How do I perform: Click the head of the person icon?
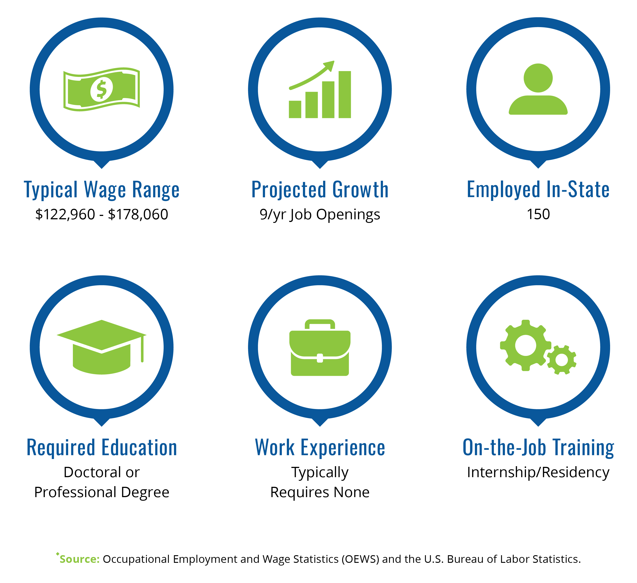pos(538,78)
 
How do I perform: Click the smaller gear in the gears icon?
pos(561,360)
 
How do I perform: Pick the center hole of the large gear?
pos(526,345)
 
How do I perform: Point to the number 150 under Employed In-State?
pos(538,214)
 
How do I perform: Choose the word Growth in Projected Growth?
pos(361,190)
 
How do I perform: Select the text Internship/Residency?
pos(538,473)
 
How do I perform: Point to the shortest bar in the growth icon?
pos(295,109)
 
